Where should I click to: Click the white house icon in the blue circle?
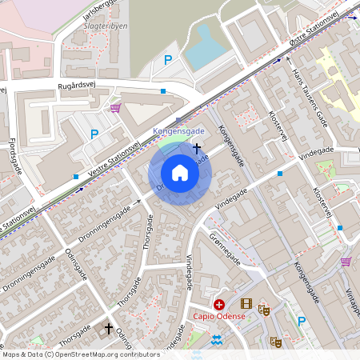pyautogui.click(x=180, y=173)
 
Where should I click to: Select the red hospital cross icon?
pyautogui.click(x=218, y=304)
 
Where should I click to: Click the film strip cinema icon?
pyautogui.click(x=246, y=304)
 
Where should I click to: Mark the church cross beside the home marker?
pyautogui.click(x=198, y=147)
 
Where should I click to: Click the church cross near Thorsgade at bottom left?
pyautogui.click(x=109, y=328)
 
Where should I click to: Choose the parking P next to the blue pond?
pyautogui.click(x=168, y=59)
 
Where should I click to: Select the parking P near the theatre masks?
pyautogui.click(x=302, y=322)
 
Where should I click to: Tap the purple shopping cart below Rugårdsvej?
pyautogui.click(x=116, y=107)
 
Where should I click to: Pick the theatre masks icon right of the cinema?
pyautogui.click(x=264, y=306)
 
